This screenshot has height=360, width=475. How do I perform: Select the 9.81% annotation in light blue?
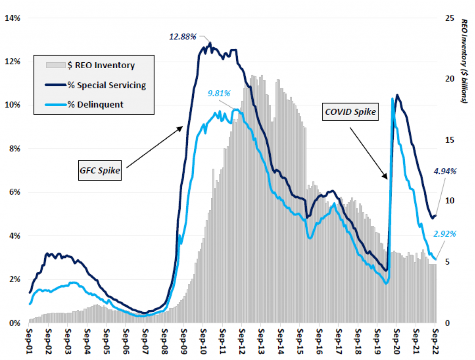click(219, 93)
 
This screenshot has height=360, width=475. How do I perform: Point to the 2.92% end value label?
click(444, 233)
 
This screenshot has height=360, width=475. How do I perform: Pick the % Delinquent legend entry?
click(95, 104)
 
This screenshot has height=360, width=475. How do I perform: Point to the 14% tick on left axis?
click(13, 18)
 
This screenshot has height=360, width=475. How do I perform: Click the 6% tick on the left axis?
click(14, 193)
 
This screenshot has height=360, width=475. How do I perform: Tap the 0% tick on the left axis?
click(14, 323)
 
